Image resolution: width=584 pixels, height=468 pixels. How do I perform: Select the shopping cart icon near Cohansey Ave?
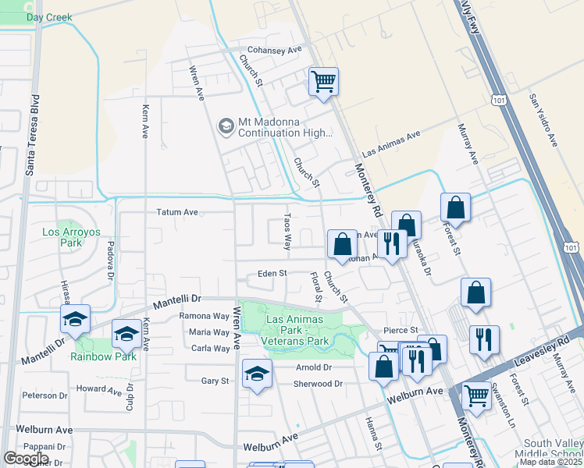pos(323,81)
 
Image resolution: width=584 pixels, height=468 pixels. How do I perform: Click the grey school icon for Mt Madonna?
pos(226,126)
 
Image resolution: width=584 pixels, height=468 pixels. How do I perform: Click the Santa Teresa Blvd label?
pos(32,136)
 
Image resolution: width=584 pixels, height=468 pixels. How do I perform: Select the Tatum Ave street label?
pos(178,211)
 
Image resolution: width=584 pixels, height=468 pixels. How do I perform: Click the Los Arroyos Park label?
pos(62,237)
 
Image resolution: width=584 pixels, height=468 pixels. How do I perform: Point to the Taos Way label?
pos(287,231)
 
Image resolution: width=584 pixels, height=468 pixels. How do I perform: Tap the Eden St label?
pos(273,274)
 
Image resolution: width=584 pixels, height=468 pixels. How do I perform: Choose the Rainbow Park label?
pos(103,356)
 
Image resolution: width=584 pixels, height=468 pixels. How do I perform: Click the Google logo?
pos(26,458)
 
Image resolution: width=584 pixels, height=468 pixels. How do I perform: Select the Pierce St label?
pos(401,331)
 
